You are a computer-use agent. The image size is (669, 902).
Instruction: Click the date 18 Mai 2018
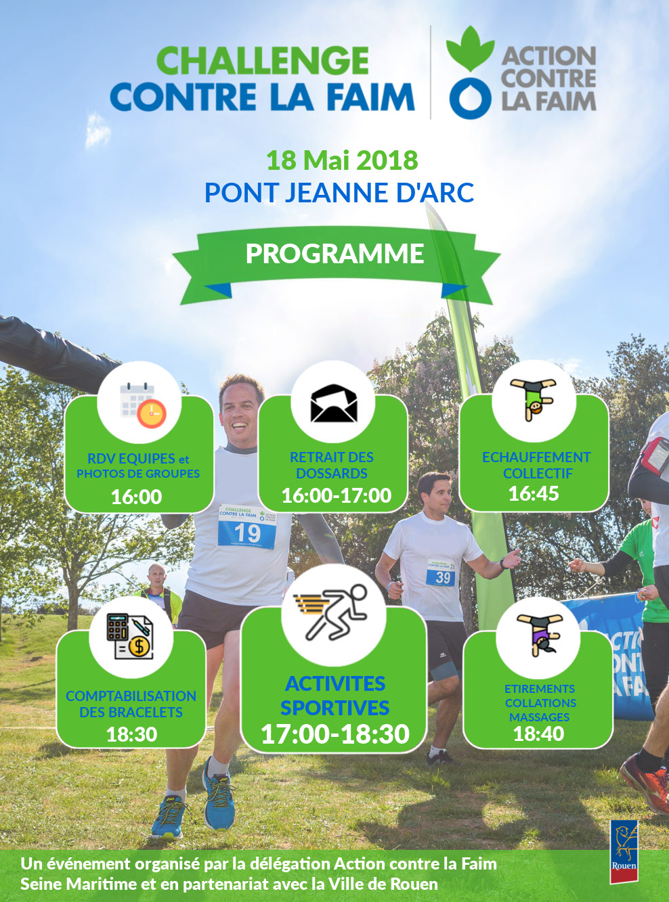coord(342,160)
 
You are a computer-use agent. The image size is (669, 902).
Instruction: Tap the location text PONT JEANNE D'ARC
coord(339,192)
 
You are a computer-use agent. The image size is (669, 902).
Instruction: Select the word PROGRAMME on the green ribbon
coord(334,254)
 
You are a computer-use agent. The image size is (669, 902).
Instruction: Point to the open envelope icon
coord(334,403)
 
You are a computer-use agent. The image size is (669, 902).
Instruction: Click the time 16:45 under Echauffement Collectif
coord(534,494)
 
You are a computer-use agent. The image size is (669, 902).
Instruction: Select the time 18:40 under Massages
coord(538,734)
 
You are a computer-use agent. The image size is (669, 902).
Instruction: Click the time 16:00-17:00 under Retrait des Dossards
coord(336,495)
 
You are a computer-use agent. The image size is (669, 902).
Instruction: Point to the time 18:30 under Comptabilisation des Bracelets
coord(131,734)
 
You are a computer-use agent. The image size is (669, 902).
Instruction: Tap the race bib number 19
coord(247,532)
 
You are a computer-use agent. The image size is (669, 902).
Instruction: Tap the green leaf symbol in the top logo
coord(471,48)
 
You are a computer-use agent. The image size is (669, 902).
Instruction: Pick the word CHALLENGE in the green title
coord(261,61)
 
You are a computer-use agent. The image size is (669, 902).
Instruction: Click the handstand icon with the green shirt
coord(534,399)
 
